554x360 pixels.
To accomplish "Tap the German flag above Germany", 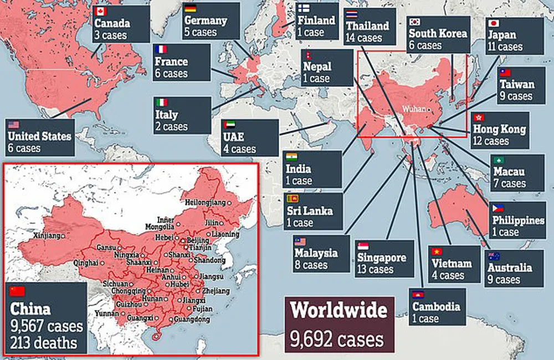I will coord(190,8).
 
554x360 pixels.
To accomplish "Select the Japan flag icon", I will coord(494,23).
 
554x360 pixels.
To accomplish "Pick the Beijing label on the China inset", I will coord(198,240).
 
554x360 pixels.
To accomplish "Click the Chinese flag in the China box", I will coord(18,291).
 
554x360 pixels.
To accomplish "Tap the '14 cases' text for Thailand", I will coord(363,38).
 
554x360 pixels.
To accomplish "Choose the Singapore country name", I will coord(381,258).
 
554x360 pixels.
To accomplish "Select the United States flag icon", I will coord(13,125).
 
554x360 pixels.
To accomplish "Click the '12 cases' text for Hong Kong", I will coord(490,141).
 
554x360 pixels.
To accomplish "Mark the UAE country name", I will coord(235,136).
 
